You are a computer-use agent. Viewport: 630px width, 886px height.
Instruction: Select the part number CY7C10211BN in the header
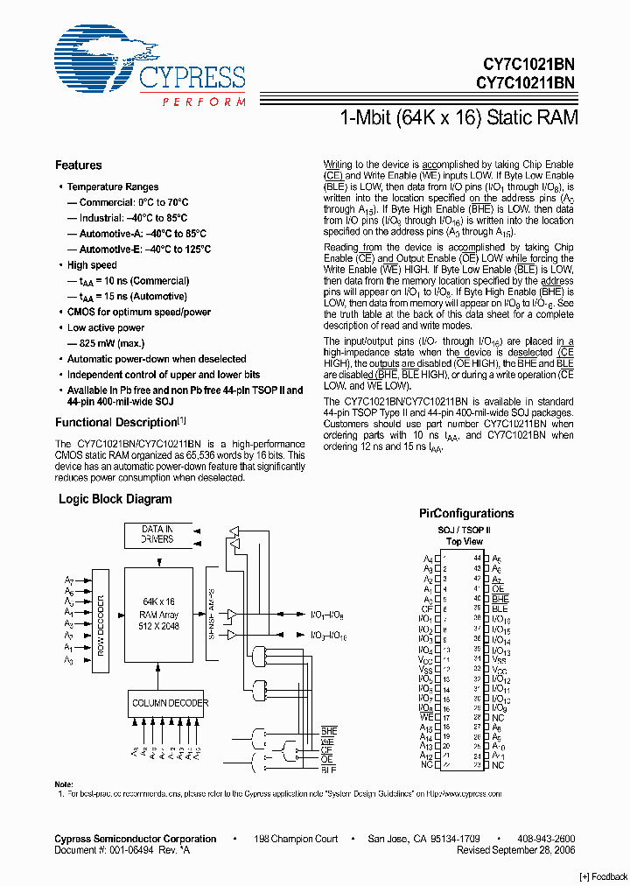coord(525,83)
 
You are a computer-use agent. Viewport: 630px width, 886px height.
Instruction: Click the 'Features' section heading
coord(78,165)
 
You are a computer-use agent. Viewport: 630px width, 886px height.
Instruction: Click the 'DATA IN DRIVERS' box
coord(157,534)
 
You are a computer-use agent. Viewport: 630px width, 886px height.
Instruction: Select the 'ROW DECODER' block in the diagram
coord(101,625)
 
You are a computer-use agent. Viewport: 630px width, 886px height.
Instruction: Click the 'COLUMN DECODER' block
coord(170,703)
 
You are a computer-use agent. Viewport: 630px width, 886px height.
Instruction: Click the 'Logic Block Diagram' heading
coord(115,499)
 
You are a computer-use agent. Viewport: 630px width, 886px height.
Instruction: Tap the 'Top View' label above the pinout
coord(465,542)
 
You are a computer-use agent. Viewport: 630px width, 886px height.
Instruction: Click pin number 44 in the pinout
coord(477,558)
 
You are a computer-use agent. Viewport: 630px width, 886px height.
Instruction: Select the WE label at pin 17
coord(427,717)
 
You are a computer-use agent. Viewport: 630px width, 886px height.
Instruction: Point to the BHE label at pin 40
coord(500,598)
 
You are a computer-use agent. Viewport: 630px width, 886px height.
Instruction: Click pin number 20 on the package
coord(445,746)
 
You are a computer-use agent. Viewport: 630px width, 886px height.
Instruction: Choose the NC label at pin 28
coord(497,717)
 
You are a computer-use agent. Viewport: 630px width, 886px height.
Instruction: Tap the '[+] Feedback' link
coord(604,876)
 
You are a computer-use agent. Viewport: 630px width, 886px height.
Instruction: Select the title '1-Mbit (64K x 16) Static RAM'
coord(458,117)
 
